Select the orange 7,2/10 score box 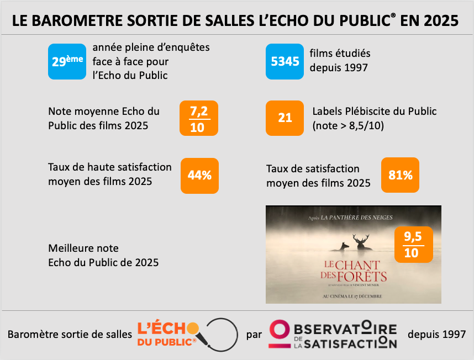(x=199, y=118)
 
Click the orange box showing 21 (x=285, y=118)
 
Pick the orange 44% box (x=199, y=176)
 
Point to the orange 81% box (x=401, y=176)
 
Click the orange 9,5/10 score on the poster (x=412, y=244)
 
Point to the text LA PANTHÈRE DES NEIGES (x=360, y=218)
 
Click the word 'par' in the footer (x=253, y=335)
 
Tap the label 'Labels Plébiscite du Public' (x=374, y=112)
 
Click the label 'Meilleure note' (x=83, y=248)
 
